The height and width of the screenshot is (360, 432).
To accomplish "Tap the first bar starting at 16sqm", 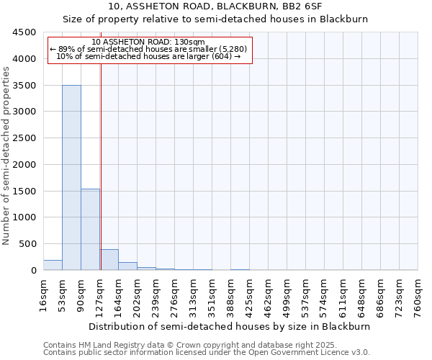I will tap(53, 265).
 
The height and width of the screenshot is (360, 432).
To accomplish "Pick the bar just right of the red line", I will tap(109, 260).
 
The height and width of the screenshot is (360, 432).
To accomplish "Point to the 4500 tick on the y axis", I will tap(24, 32).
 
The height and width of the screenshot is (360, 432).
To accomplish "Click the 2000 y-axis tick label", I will tap(24, 165).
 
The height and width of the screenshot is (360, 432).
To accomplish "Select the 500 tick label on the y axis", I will tap(27, 244).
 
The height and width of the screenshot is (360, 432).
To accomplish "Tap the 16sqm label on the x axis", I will tap(44, 292).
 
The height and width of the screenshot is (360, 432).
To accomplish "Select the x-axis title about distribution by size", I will tap(230, 326).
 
